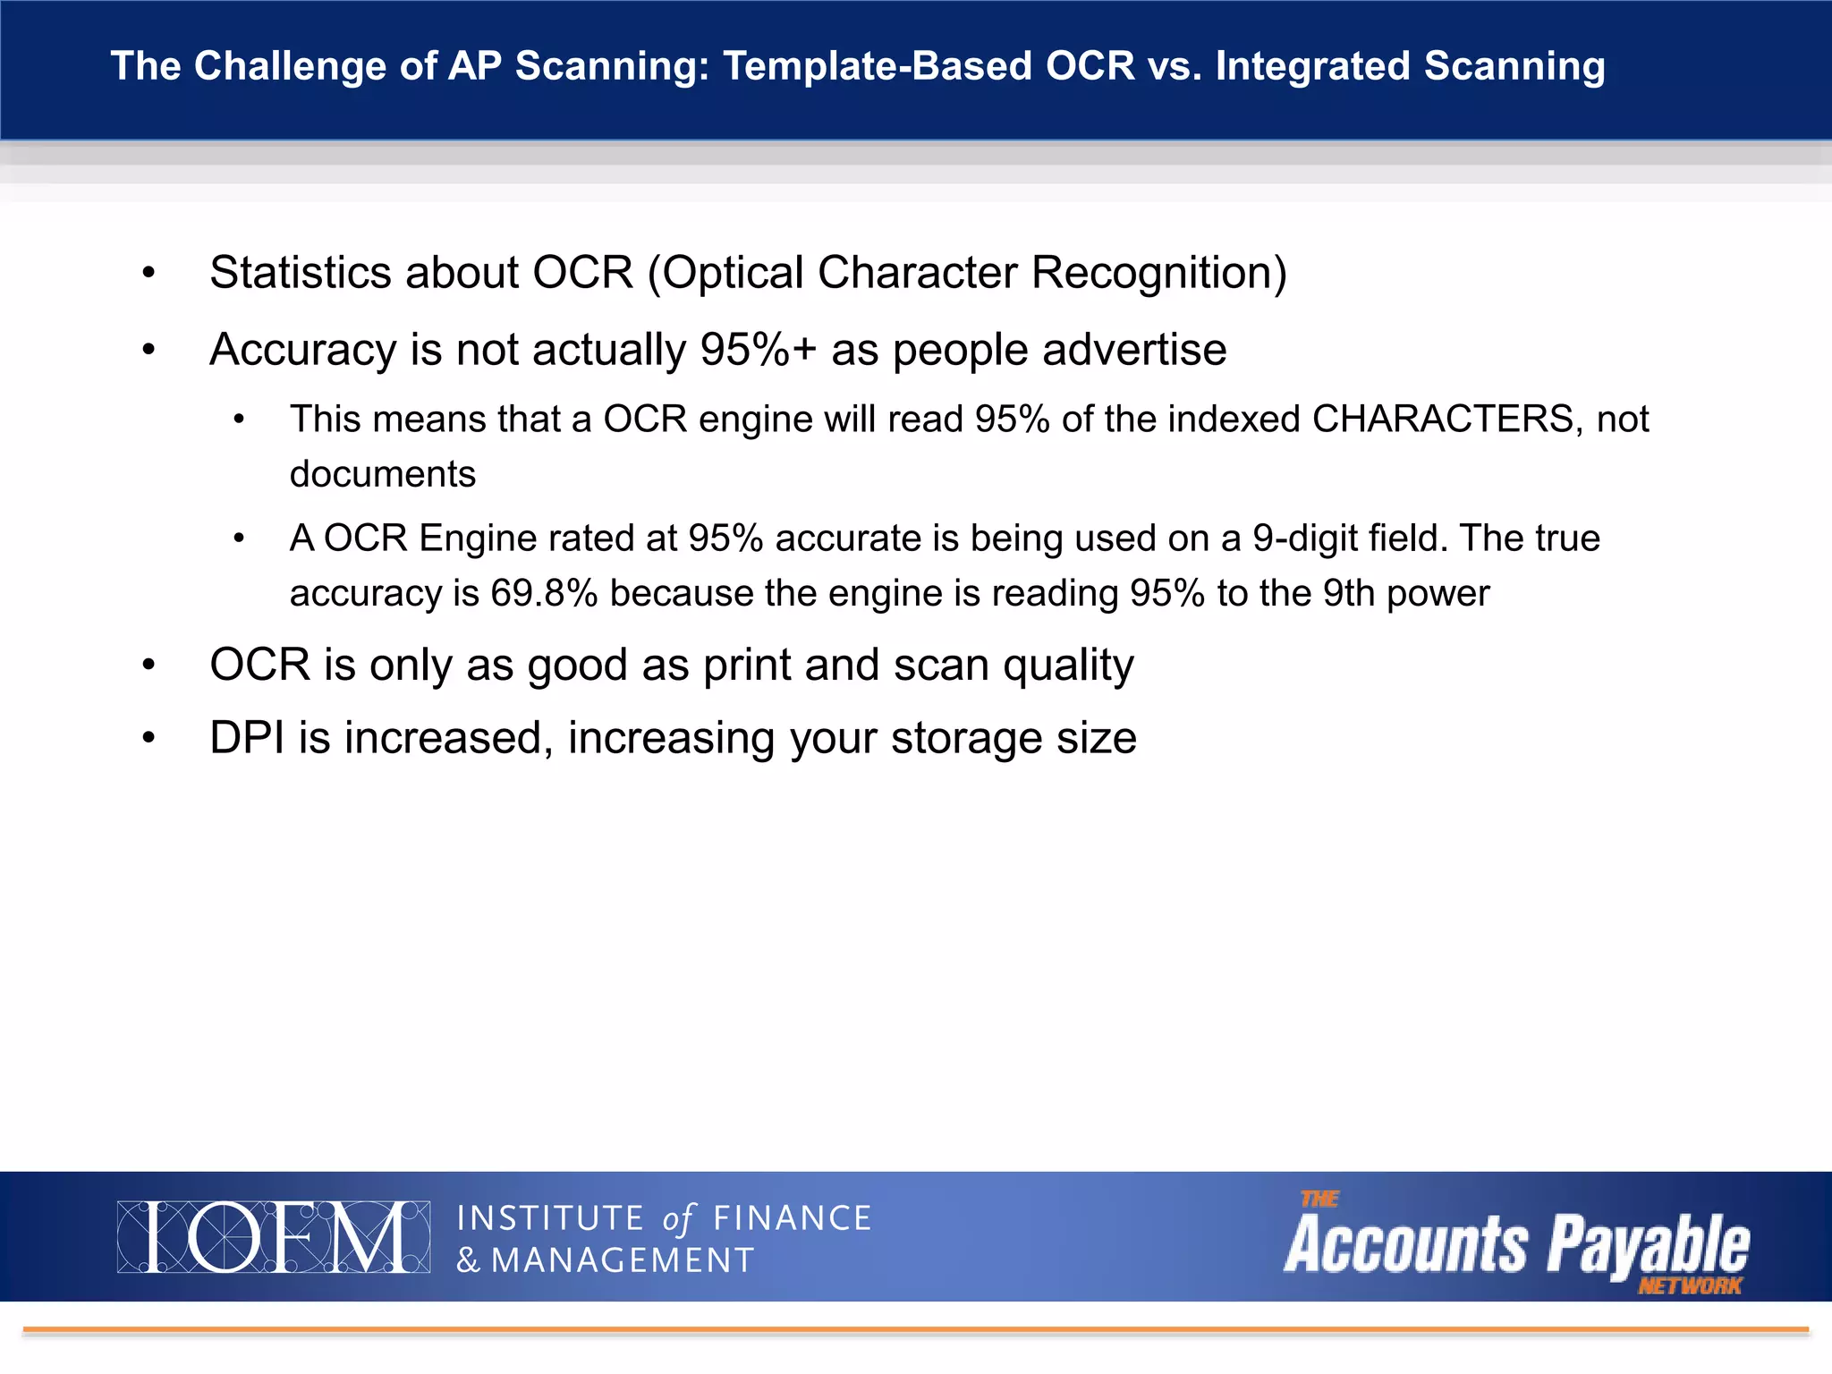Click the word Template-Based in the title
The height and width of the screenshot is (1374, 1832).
tap(876, 67)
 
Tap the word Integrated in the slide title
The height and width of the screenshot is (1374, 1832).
tap(1311, 67)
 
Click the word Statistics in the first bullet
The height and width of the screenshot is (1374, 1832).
tap(300, 273)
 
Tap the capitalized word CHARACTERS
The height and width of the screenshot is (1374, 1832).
tap(1441, 420)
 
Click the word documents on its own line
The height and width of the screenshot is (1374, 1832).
tap(382, 474)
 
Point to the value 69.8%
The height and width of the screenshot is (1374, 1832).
tap(544, 594)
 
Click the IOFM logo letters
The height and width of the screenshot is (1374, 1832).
tap(273, 1237)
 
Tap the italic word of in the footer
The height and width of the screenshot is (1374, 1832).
tap(677, 1219)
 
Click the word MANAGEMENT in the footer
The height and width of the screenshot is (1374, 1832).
tap(623, 1260)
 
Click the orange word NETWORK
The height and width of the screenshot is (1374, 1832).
tap(1689, 1286)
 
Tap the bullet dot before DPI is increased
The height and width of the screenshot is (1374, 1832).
tap(148, 739)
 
